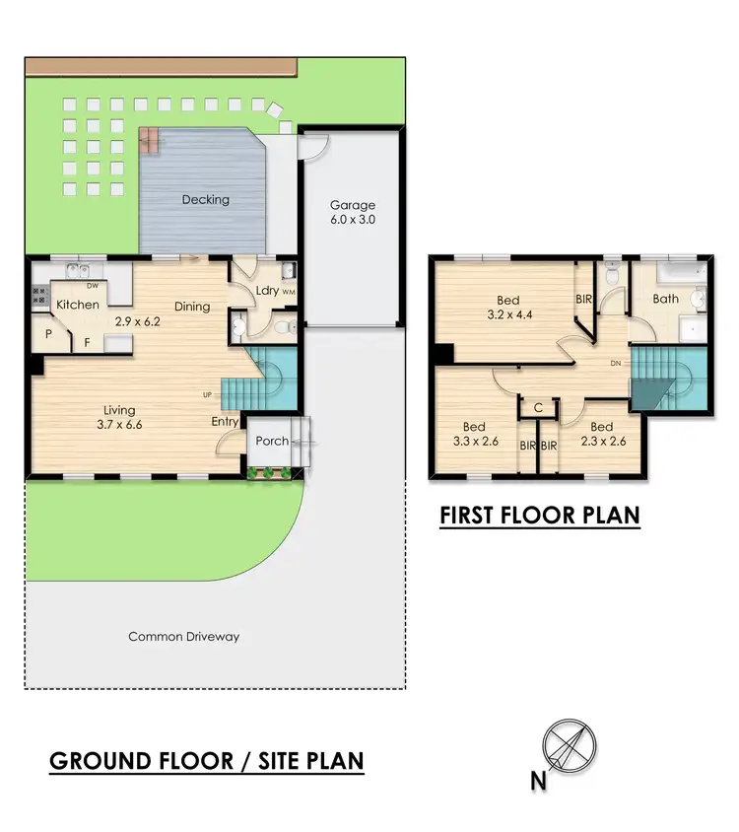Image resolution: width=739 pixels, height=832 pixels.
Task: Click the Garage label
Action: (x=352, y=205)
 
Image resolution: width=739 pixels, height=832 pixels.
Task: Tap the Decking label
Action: (x=206, y=199)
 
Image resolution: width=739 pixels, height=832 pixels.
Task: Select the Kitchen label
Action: (x=77, y=305)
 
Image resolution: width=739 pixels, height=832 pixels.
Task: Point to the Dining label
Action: (x=192, y=307)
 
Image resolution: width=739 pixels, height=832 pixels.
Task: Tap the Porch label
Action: (x=272, y=441)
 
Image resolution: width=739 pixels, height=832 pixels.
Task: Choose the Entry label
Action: (x=225, y=422)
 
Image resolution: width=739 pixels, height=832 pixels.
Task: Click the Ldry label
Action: (x=266, y=291)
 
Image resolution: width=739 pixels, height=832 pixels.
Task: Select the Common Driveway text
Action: (x=184, y=637)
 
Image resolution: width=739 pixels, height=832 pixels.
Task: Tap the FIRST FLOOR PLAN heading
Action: (x=539, y=515)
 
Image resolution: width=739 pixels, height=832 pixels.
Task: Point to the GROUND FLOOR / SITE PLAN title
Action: (x=207, y=761)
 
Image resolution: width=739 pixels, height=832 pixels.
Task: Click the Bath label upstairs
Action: (x=666, y=298)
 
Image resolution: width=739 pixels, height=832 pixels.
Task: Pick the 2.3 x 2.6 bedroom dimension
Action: (x=602, y=442)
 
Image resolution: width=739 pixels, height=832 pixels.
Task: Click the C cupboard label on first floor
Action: (x=539, y=407)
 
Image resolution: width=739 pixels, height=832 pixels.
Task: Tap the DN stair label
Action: (x=615, y=363)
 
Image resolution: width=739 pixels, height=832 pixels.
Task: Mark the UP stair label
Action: (x=208, y=395)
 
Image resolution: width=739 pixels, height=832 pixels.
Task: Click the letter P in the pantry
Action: (x=47, y=334)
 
